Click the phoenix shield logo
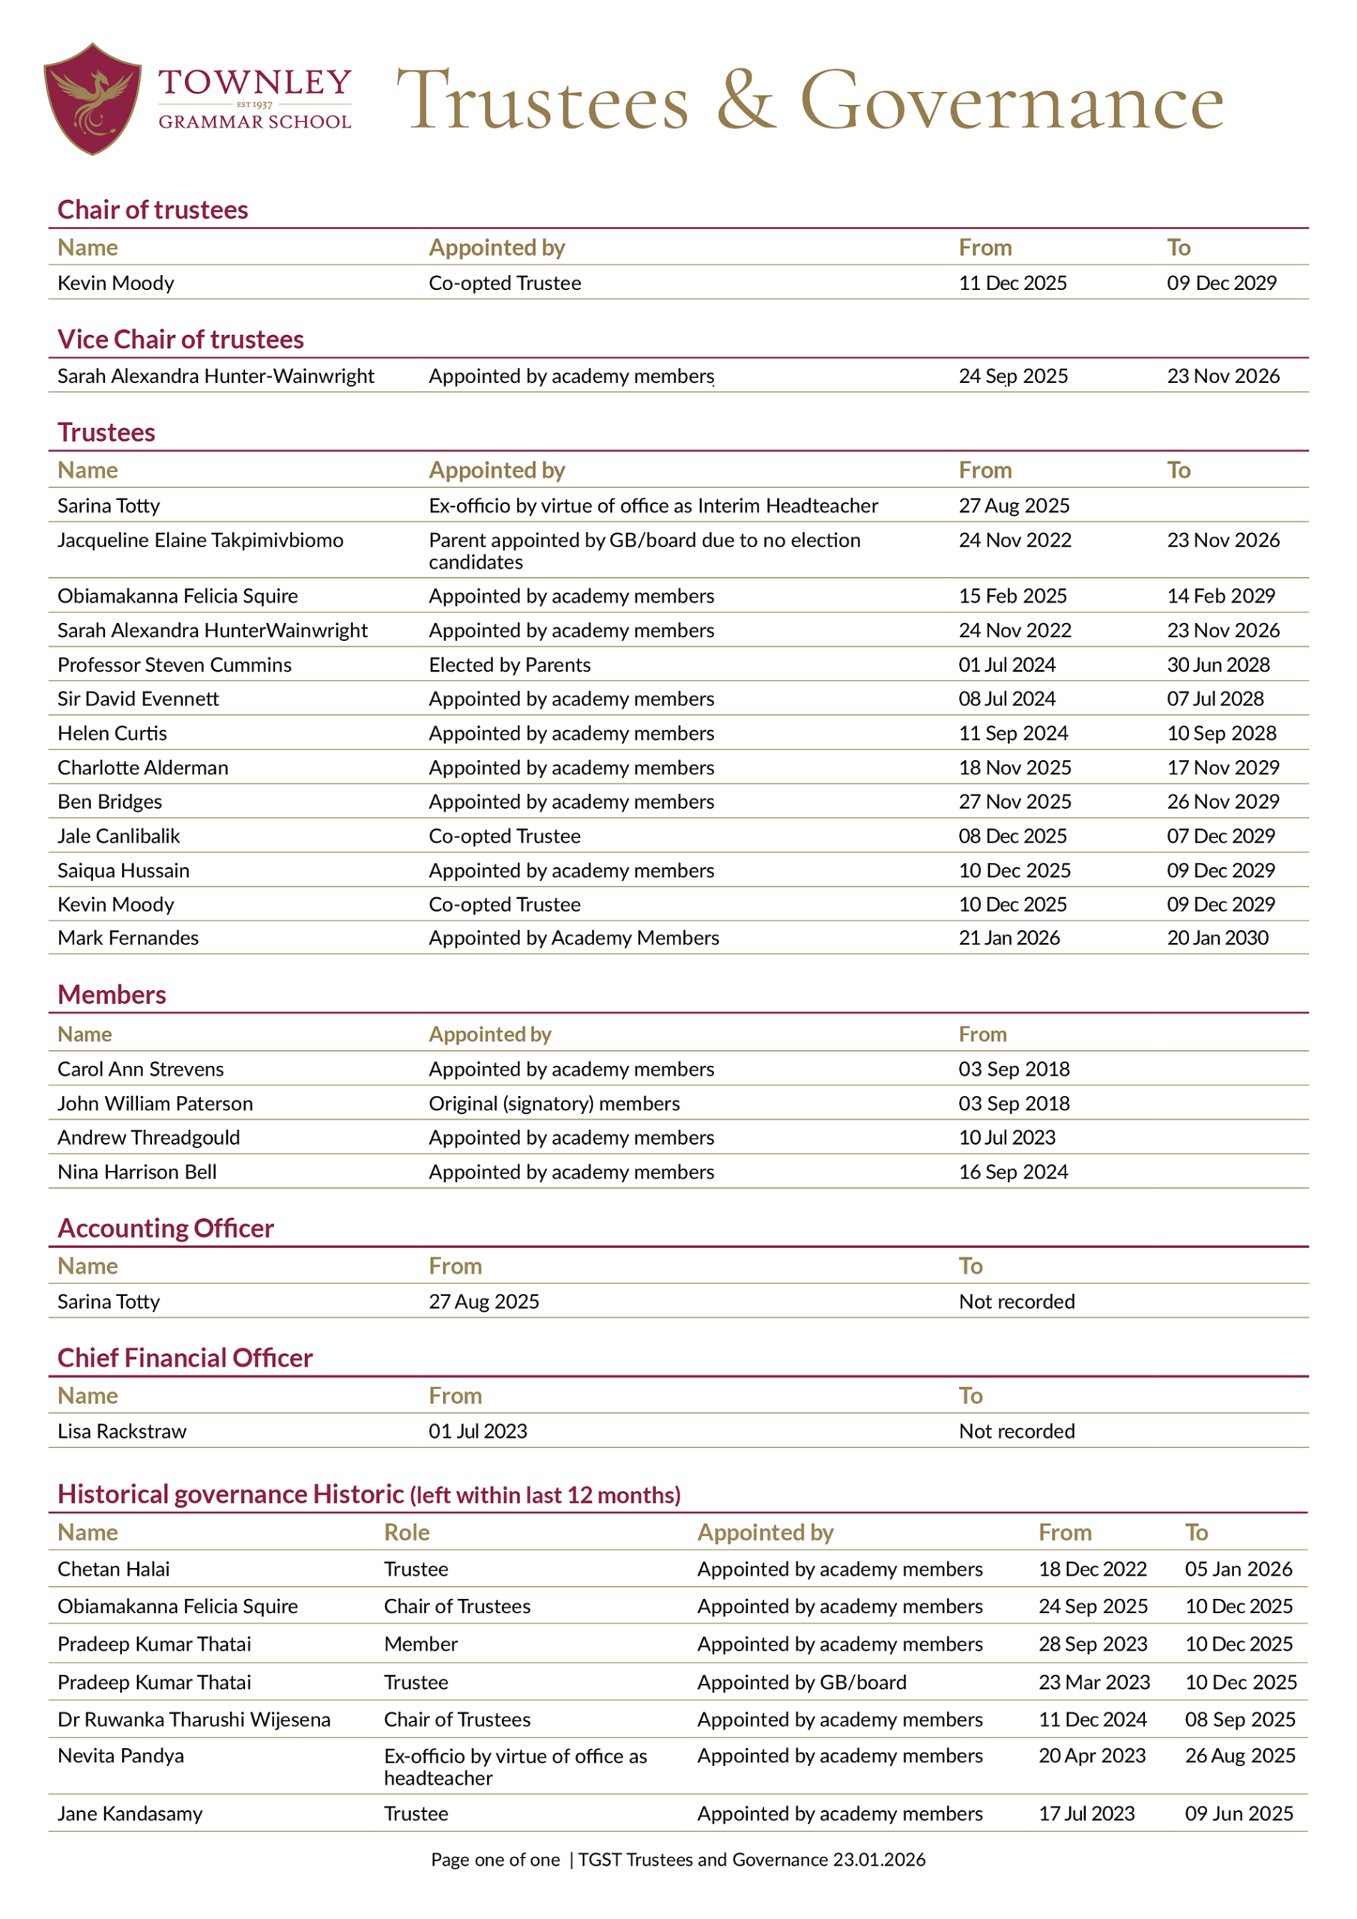pyautogui.click(x=92, y=99)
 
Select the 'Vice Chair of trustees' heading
pyautogui.click(x=181, y=340)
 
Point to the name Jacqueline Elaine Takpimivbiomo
pyautogui.click(x=200, y=540)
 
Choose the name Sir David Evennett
pyautogui.click(x=138, y=699)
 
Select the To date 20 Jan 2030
pyautogui.click(x=1217, y=938)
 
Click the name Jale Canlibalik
pyautogui.click(x=118, y=836)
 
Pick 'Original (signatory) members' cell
pyautogui.click(x=554, y=1103)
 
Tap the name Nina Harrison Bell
pyautogui.click(x=137, y=1172)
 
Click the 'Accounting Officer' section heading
pyautogui.click(x=166, y=1228)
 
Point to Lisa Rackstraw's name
pyautogui.click(x=122, y=1431)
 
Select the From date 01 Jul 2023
pyautogui.click(x=478, y=1431)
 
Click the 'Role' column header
pyautogui.click(x=406, y=1532)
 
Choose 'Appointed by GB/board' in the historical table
pyautogui.click(x=801, y=1681)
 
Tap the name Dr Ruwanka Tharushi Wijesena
pyautogui.click(x=194, y=1720)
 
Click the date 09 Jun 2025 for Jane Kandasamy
pyautogui.click(x=1239, y=1814)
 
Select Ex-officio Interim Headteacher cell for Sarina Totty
pyautogui.click(x=653, y=506)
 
